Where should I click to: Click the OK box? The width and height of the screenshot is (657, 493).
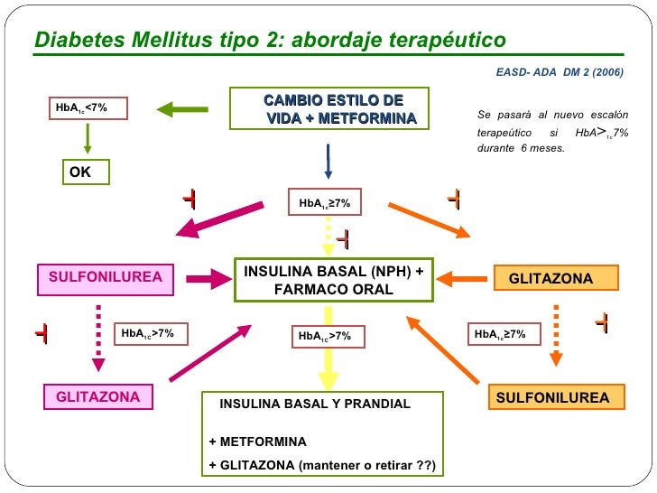click(x=86, y=172)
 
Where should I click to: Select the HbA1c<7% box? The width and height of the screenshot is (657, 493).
click(x=88, y=108)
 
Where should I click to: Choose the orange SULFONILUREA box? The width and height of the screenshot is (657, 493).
click(x=553, y=397)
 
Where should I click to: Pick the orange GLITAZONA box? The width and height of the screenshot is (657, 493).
click(x=556, y=278)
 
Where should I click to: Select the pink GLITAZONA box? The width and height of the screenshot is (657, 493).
click(x=98, y=397)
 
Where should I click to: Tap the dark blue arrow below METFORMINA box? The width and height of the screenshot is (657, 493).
click(x=328, y=163)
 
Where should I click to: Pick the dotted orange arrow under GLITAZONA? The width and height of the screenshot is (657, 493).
click(x=556, y=334)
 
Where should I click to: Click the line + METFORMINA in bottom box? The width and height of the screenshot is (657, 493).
click(x=258, y=442)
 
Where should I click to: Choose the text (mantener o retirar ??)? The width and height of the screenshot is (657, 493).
click(x=368, y=466)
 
